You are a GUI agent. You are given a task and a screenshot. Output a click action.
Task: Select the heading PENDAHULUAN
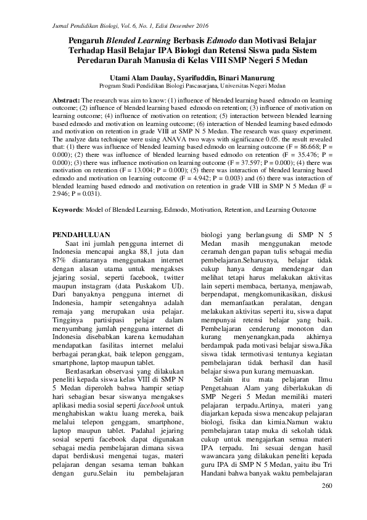80,235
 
